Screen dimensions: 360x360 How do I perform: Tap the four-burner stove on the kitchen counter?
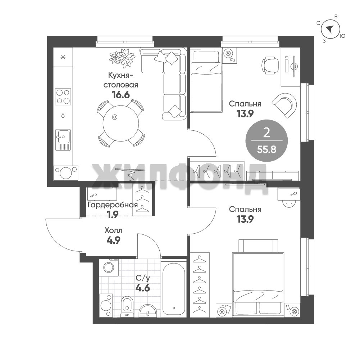pyautogui.click(x=63, y=96)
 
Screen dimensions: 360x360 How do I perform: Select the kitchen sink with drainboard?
pyautogui.click(x=63, y=140)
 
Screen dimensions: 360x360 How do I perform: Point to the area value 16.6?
pyautogui.click(x=121, y=94)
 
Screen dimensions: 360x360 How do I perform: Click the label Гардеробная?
pyautogui.click(x=113, y=205)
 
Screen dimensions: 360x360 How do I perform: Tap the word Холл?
pyautogui.click(x=113, y=230)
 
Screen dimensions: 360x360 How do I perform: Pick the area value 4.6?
pyautogui.click(x=142, y=287)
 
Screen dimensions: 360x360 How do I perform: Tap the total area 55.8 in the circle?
pyautogui.click(x=266, y=149)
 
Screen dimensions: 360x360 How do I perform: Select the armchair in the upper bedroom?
pyautogui.click(x=284, y=105)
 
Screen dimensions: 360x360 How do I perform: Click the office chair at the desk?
pyautogui.click(x=270, y=65)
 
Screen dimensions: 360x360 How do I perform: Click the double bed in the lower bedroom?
pyautogui.click(x=258, y=278)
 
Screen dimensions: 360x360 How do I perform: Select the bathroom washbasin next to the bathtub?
pyautogui.click(x=148, y=311)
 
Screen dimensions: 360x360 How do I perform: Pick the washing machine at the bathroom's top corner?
pyautogui.click(x=109, y=267)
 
